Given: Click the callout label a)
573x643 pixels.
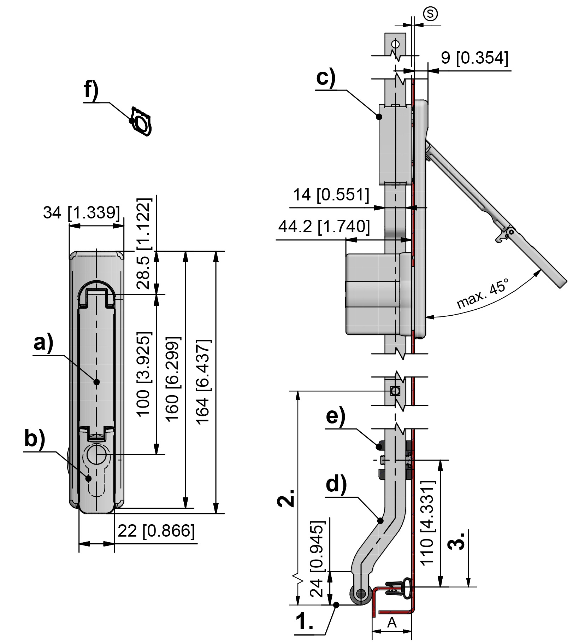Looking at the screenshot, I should (43, 343).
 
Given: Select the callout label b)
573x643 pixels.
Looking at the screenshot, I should (35, 439).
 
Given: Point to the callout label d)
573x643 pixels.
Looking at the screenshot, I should (336, 484).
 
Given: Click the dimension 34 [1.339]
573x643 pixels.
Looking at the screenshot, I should (82, 213).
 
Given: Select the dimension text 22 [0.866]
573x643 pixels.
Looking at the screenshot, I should (156, 531).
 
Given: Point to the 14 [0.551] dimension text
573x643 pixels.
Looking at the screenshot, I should (331, 195).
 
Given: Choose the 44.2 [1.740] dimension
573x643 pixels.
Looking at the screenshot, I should (324, 227).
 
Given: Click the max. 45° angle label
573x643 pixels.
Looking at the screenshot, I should (483, 294).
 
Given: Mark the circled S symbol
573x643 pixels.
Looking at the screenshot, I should (430, 14).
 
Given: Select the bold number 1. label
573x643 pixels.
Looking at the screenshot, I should (305, 621).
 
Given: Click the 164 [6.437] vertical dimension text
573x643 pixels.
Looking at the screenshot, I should (203, 382).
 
